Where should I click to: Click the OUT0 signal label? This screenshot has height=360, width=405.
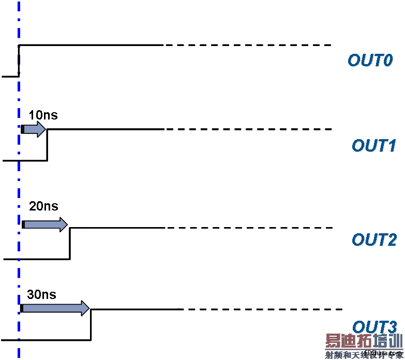370,61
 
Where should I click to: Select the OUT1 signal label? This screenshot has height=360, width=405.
373,146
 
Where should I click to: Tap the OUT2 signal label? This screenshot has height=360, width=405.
374,239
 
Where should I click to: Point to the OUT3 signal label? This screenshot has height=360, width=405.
374,327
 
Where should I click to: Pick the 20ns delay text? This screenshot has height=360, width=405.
43,206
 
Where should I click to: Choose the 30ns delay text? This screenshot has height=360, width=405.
41,295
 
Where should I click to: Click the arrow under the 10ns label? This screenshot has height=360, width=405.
34,129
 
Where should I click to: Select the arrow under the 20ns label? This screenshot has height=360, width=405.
45,224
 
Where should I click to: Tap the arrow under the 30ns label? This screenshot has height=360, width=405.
55,309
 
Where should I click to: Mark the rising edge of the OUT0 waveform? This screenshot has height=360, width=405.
19,61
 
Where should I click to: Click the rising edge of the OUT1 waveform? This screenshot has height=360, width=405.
47,145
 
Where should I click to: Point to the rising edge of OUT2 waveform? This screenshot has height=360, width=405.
70,243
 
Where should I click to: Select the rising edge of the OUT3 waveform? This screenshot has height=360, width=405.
91,325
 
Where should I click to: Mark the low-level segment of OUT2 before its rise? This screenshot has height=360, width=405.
36,259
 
